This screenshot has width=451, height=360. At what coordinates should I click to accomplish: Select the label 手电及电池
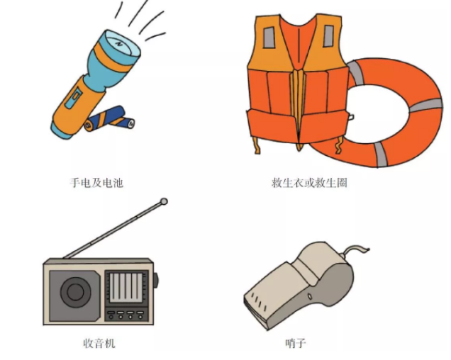[x=96, y=183]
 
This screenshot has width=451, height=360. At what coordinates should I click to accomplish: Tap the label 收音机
[x=99, y=344]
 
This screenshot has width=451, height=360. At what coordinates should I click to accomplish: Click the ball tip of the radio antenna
[x=165, y=202]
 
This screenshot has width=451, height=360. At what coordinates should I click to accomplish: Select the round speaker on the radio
[x=74, y=290]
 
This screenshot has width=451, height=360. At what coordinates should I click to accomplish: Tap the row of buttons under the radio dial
[x=126, y=313]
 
